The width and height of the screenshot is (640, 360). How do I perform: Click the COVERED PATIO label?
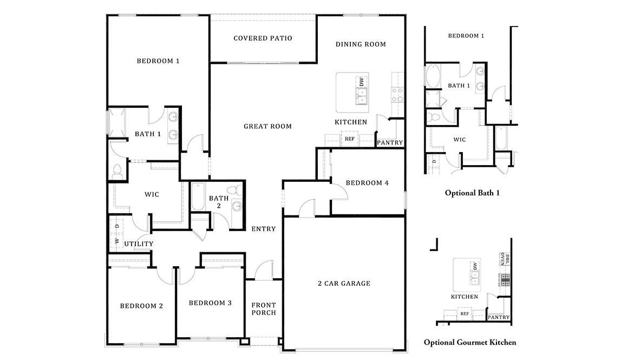point(263,38)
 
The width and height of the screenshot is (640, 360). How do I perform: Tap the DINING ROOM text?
point(361,44)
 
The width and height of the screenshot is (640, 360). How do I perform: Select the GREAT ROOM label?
point(267,127)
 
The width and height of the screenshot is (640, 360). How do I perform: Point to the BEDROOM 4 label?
point(367,183)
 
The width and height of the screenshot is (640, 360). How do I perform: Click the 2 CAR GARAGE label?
point(344,283)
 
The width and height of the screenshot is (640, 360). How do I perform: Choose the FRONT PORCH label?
point(264,309)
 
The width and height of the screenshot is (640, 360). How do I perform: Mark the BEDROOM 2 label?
point(141,306)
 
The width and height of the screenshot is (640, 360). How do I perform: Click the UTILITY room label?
point(139,244)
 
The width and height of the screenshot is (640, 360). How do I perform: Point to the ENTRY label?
point(264,229)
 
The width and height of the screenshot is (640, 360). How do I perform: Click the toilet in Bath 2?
point(234,191)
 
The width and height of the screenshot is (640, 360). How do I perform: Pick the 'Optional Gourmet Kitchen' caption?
point(469,342)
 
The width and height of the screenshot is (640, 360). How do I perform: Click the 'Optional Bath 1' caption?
point(472,192)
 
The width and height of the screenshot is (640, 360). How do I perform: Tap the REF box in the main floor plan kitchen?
point(349,139)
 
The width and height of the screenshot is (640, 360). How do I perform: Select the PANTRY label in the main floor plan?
point(390,143)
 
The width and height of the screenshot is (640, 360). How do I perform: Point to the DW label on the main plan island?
point(361,82)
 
